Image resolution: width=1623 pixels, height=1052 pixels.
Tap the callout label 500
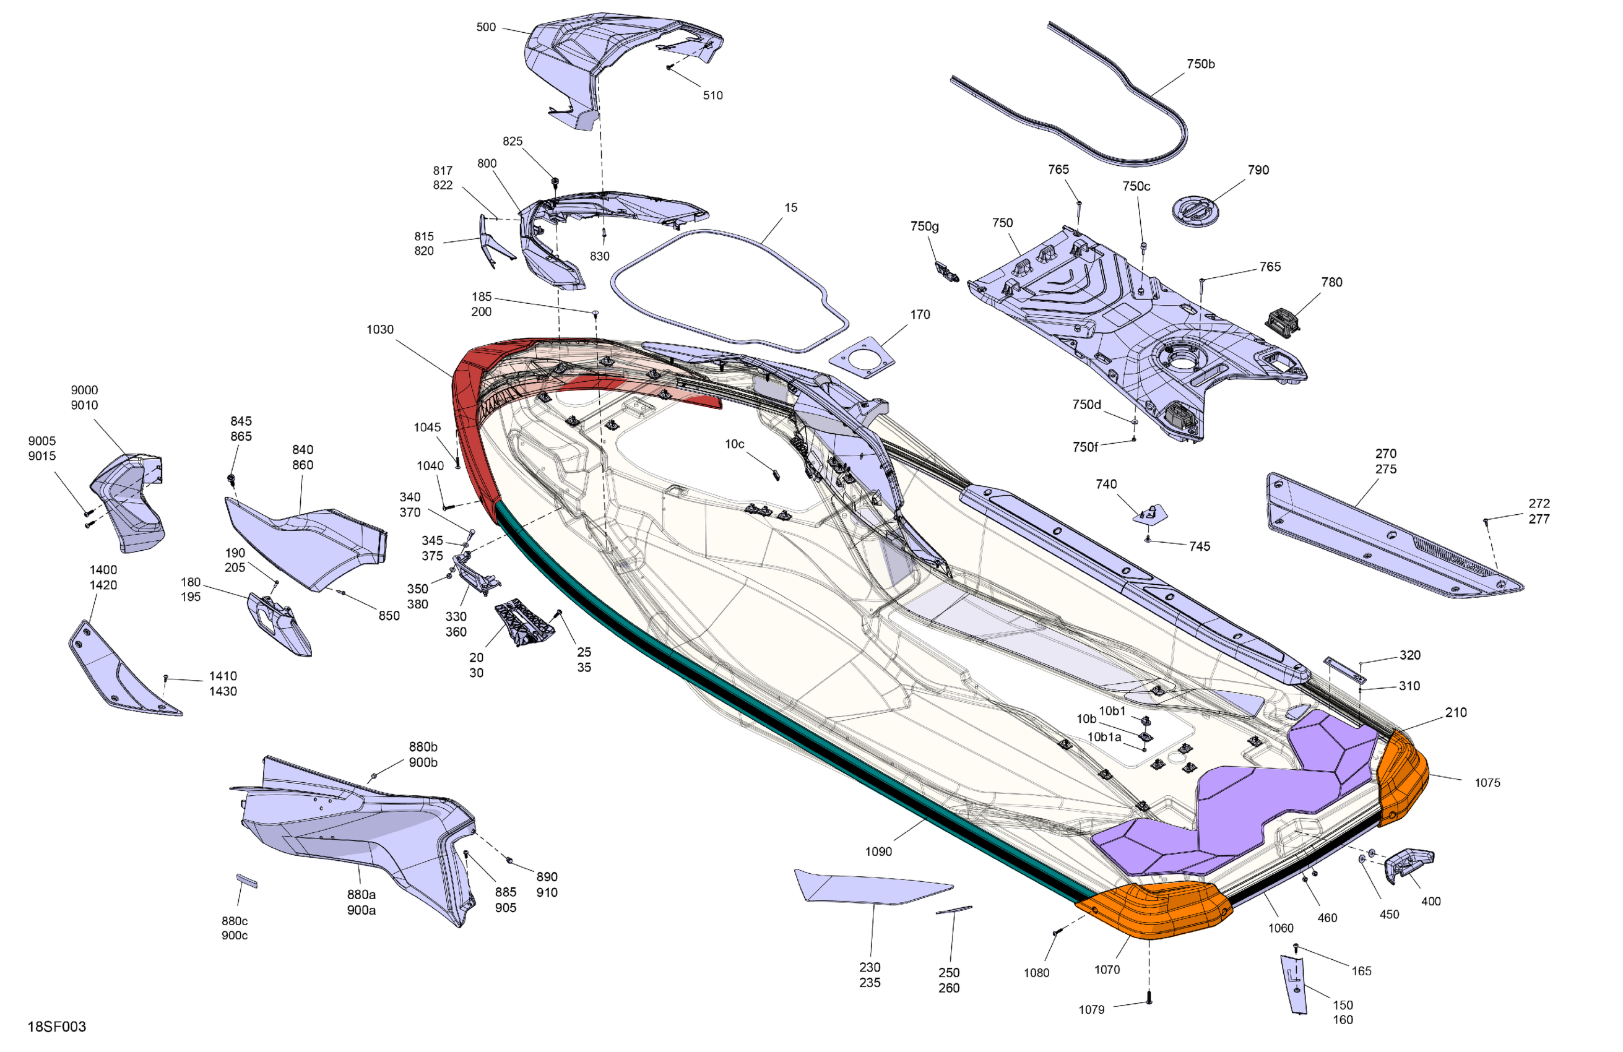click(485, 27)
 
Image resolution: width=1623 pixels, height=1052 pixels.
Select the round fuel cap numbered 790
click(1195, 209)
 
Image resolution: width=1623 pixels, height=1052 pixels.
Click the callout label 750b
click(1200, 64)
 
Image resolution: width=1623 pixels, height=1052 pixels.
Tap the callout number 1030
click(380, 329)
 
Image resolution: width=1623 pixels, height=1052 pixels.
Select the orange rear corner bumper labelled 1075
click(1401, 777)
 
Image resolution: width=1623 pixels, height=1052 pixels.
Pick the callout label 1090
click(878, 851)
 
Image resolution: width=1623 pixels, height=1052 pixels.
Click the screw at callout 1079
click(1149, 999)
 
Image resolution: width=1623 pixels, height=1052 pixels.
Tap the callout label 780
click(1331, 282)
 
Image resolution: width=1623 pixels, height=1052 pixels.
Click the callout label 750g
click(924, 226)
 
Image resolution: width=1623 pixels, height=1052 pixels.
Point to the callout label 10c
click(735, 444)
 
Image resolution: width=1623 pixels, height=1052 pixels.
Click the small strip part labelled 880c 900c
click(246, 880)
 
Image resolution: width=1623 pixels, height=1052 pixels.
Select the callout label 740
click(1106, 484)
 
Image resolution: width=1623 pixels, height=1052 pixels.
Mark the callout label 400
click(1430, 902)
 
